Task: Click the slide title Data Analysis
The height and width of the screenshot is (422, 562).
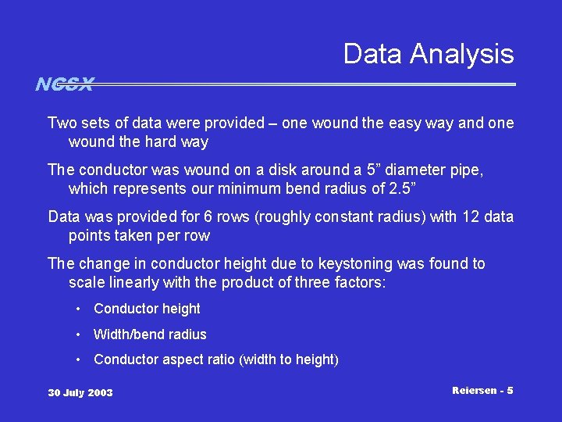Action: coord(429,54)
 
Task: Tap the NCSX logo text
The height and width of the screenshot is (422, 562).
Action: coord(64,84)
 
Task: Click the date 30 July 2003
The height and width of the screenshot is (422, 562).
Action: coord(80,392)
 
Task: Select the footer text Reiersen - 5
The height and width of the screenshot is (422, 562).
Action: coord(482,389)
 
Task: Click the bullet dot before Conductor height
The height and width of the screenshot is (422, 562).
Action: coord(80,309)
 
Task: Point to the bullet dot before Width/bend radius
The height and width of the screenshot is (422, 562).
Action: coord(80,335)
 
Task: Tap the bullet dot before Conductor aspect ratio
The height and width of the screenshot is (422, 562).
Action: coord(80,360)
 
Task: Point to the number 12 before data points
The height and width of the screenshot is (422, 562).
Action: coord(464,217)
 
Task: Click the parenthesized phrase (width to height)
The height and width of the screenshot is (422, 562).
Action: coord(289,360)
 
